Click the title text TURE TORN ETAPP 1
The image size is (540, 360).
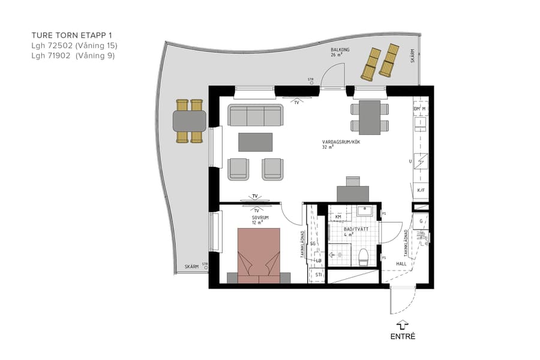71,35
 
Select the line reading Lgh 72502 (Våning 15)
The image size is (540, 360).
74,46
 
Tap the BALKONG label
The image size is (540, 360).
340,50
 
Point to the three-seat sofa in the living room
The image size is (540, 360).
256,115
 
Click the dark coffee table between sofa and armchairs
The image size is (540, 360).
255,142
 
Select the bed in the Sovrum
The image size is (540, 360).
259,255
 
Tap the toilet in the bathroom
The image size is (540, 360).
362,257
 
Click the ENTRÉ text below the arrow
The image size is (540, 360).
403,337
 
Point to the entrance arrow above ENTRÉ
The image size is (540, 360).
403,325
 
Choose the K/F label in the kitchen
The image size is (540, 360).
421,190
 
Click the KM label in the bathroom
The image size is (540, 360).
338,217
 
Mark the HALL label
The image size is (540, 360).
401,264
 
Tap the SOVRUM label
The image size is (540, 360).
260,218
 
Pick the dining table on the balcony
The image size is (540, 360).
190,121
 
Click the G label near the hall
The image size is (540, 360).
422,221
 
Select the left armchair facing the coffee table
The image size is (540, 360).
238,169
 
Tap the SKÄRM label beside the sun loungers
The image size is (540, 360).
412,56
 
